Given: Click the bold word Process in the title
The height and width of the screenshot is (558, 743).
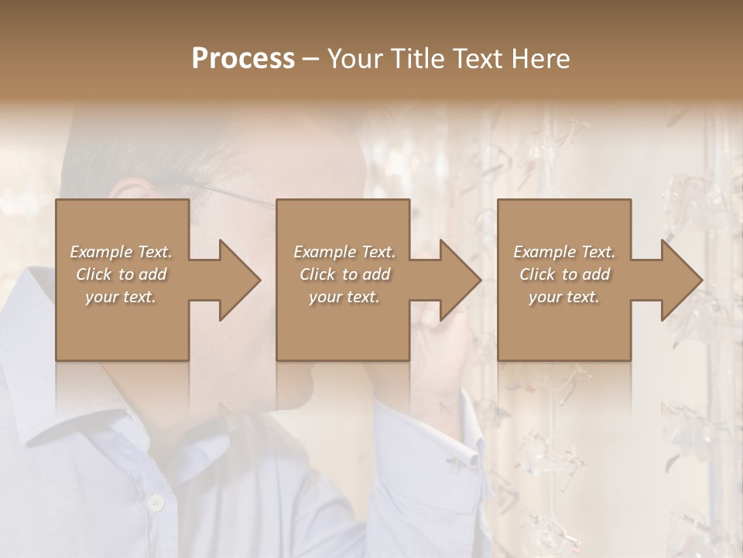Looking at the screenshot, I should (243, 59).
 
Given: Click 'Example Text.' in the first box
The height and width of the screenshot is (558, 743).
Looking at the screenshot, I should (121, 252).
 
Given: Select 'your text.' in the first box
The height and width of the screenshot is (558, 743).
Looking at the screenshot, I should (121, 297).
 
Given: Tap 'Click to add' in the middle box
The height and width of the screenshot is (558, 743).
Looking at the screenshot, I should (344, 274).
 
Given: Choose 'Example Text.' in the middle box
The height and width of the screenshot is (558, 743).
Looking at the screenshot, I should (344, 252).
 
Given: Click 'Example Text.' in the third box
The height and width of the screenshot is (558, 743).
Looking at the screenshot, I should (564, 252).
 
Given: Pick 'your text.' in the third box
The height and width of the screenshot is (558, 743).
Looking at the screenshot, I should (564, 297).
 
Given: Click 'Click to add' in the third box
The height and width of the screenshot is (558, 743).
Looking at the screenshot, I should (564, 274).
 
